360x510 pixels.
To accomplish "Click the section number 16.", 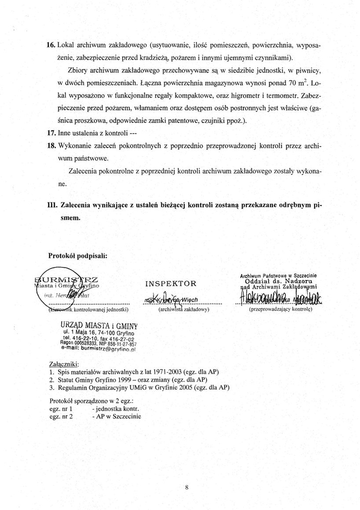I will click(52, 45).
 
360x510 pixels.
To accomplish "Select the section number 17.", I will click(52, 133).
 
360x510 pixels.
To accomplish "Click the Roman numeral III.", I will click(52, 205).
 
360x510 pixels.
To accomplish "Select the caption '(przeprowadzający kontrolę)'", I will click(280, 309).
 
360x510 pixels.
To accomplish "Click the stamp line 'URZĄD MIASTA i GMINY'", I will click(100, 325).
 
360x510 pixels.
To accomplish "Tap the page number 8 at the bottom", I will click(186, 487).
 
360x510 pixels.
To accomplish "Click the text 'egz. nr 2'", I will click(61, 416).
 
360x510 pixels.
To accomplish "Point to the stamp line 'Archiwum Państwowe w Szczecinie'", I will click(279, 276).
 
